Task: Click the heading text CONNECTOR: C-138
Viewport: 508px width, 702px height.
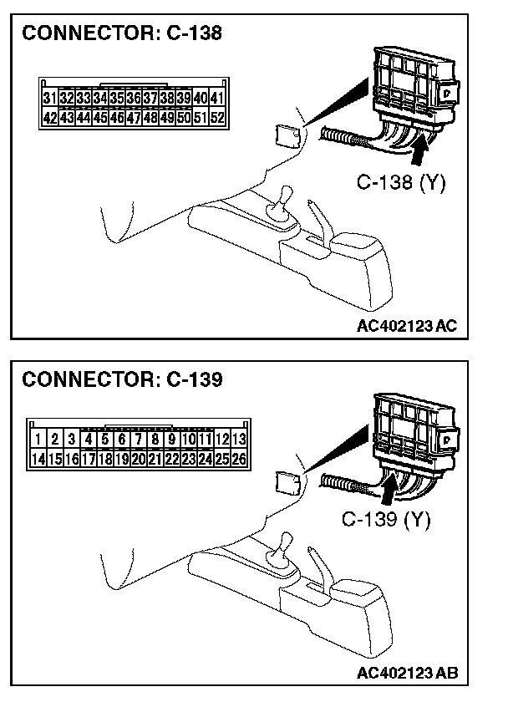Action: [x=122, y=35]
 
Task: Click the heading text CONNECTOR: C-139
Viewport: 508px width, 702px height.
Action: [x=122, y=380]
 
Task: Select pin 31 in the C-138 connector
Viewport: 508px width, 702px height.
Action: [x=49, y=99]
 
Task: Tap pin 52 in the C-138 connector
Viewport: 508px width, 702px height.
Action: [x=218, y=118]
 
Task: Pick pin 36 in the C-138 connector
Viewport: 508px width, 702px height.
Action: [x=133, y=99]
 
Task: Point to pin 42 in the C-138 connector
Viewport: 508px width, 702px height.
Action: [x=49, y=118]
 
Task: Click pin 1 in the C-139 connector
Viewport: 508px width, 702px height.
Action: [x=38, y=439]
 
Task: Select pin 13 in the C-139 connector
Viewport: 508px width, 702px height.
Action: [x=239, y=439]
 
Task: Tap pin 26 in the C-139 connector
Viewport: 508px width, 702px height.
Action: [x=239, y=458]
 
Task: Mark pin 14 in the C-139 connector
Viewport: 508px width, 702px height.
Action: [x=38, y=458]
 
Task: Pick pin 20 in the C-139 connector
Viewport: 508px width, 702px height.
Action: [x=139, y=458]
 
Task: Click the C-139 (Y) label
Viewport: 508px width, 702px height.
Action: [x=385, y=520]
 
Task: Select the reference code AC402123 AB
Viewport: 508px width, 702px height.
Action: [x=406, y=673]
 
